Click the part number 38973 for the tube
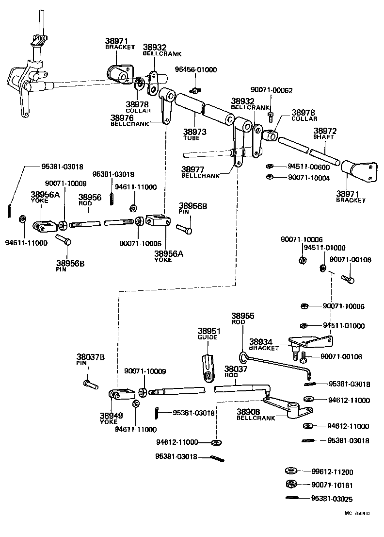pos(194,131)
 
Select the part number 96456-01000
pos(196,70)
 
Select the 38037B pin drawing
pos(90,384)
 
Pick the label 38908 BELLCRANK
pos(256,414)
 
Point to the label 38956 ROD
pos(90,200)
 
